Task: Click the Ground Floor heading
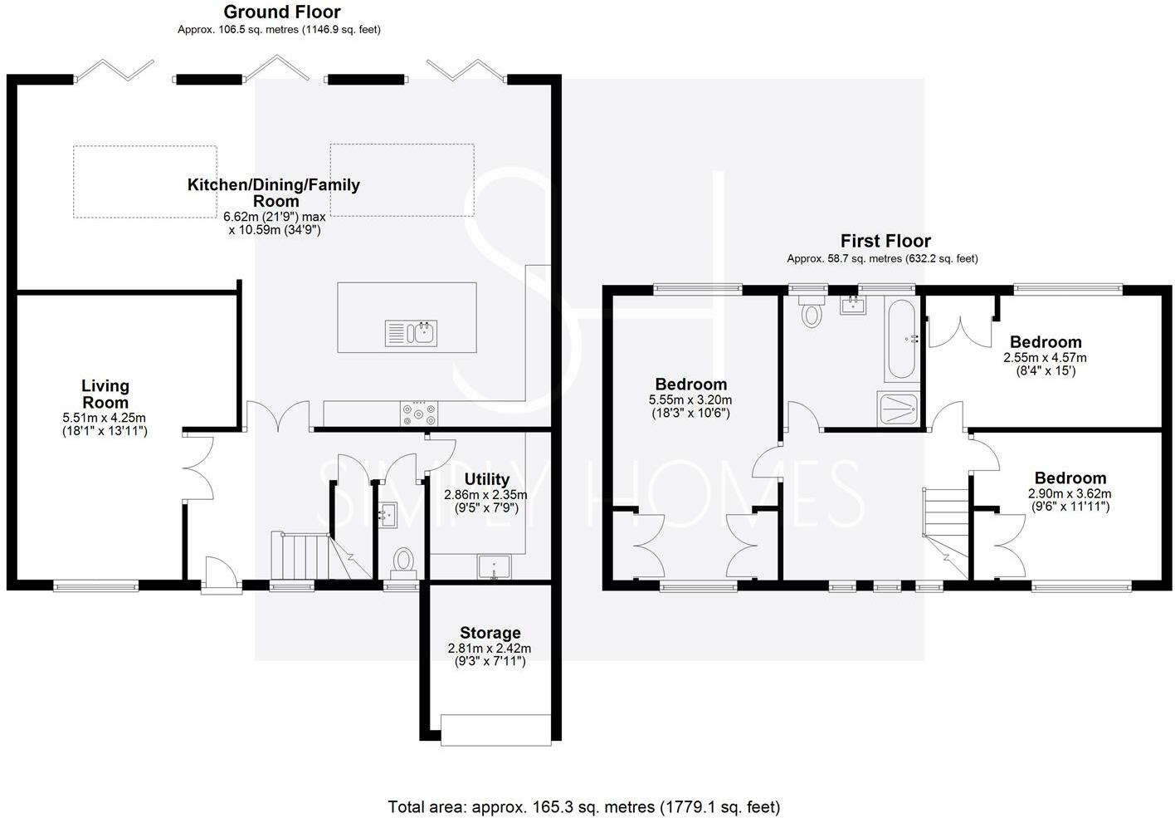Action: coord(282,12)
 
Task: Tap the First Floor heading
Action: coord(885,241)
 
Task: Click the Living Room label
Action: coord(105,394)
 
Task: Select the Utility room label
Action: coord(487,479)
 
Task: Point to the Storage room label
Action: coord(490,633)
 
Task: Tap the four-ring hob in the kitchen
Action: coord(418,414)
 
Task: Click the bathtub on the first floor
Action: coord(902,338)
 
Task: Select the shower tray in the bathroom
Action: coord(898,409)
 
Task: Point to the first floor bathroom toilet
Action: coord(811,311)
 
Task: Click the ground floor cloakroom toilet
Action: coord(403,561)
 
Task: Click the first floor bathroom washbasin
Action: coord(852,305)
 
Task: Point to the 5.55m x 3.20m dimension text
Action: coord(690,399)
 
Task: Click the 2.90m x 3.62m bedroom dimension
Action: coord(1070,493)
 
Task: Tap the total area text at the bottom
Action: coord(584,806)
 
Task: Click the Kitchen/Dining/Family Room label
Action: coord(274,193)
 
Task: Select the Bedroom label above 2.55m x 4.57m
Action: coord(1046,342)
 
